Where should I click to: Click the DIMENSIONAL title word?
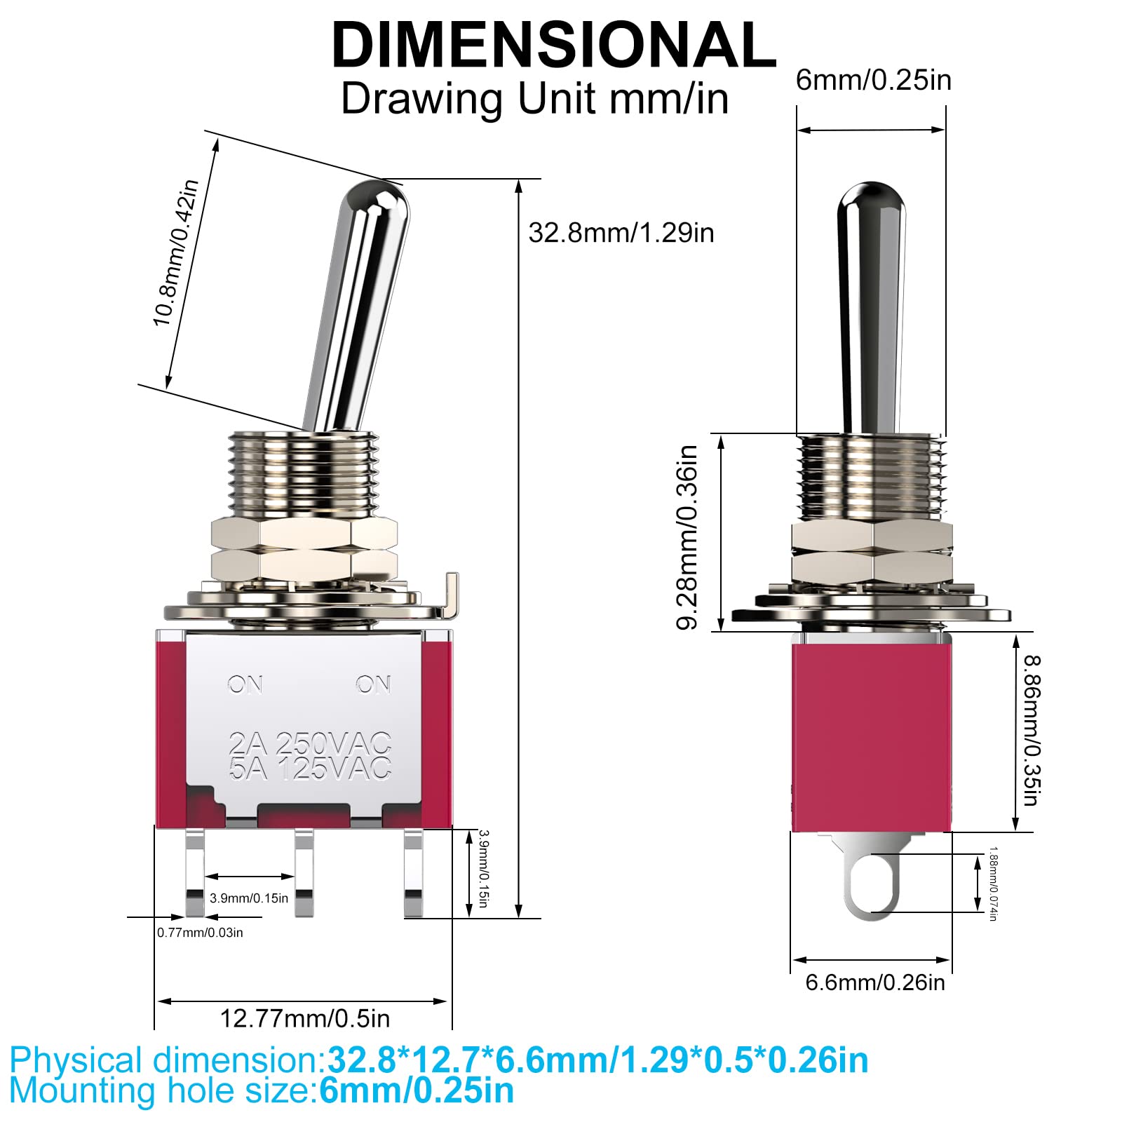(553, 45)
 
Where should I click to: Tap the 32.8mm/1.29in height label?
(621, 233)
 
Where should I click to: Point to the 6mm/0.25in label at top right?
(873, 81)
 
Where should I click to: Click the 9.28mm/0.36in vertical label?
(687, 537)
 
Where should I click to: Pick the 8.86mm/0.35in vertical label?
(1031, 730)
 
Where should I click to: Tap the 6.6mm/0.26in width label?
(874, 982)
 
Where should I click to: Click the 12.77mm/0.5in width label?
(304, 1018)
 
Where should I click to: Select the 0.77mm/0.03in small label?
(200, 933)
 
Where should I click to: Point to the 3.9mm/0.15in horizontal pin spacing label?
(249, 898)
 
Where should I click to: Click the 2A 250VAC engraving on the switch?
(309, 743)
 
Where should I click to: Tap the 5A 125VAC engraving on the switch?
(309, 769)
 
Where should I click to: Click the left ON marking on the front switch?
(245, 684)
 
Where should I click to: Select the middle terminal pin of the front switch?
(304, 873)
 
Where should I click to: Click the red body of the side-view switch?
(872, 736)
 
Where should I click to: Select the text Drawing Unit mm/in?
(534, 99)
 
